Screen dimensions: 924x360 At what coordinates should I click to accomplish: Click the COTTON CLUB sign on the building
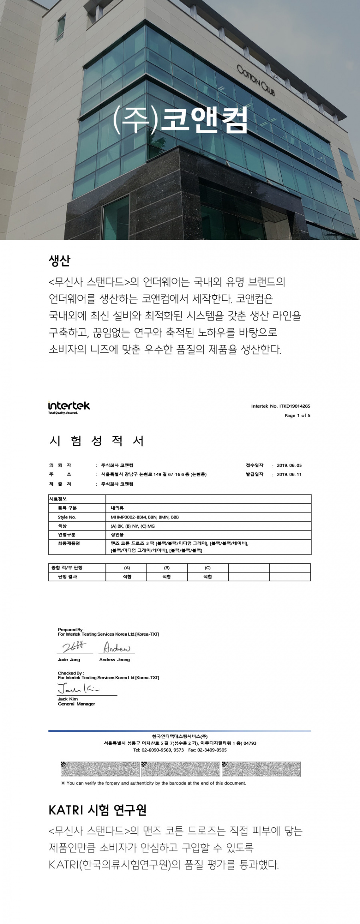(x=256, y=80)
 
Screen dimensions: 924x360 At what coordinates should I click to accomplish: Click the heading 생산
(x=60, y=260)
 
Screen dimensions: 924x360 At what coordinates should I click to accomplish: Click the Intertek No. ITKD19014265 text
(x=280, y=406)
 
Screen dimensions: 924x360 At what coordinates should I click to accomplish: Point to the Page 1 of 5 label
(x=297, y=416)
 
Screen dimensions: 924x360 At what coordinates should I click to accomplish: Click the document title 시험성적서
(x=96, y=441)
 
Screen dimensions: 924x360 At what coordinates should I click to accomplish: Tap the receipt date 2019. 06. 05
(x=289, y=466)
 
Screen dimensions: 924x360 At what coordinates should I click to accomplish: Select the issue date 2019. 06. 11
(x=289, y=474)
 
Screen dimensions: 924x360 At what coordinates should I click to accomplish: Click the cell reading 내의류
(x=117, y=508)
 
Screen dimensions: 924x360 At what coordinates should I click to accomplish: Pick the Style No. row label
(x=67, y=517)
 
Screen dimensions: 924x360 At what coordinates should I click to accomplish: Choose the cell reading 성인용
(x=117, y=535)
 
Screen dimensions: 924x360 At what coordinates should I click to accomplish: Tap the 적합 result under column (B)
(x=167, y=577)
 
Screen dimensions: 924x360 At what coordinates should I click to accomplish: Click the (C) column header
(x=208, y=568)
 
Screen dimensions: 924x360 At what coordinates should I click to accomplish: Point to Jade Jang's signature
(x=74, y=647)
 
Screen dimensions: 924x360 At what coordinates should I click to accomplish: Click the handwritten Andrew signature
(x=117, y=647)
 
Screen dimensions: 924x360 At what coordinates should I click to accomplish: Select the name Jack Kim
(x=68, y=699)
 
